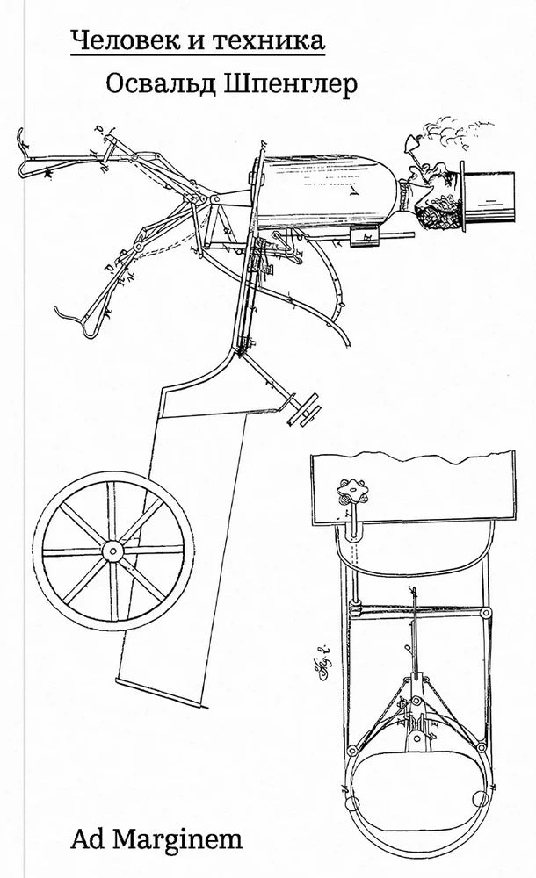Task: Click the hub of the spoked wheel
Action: [112, 551]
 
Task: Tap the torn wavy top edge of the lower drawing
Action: [413, 457]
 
